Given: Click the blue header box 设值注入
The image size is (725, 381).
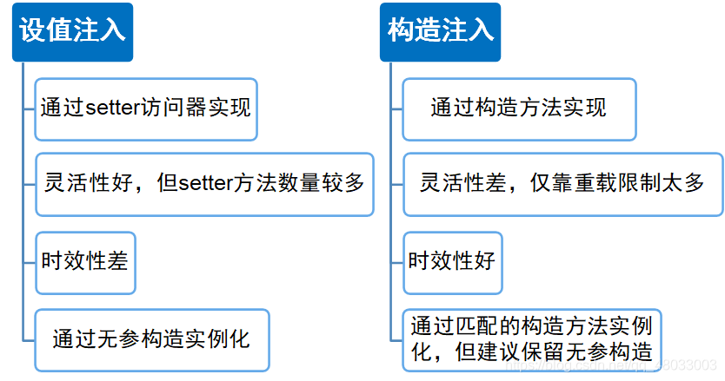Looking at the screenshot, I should (x=72, y=31).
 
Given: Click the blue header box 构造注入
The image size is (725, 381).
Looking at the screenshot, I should (x=440, y=31).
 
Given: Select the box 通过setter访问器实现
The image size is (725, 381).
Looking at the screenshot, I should (x=145, y=108).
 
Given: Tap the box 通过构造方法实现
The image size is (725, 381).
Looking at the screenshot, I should (x=518, y=108).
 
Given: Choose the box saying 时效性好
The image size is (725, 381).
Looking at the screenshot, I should (x=452, y=260).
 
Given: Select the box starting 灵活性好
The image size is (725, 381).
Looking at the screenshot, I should (x=204, y=184).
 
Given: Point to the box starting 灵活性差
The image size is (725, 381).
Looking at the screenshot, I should (x=562, y=184).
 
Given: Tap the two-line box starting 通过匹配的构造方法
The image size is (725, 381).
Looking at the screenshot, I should (x=531, y=338).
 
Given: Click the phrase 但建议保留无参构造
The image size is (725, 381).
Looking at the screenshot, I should (x=556, y=351).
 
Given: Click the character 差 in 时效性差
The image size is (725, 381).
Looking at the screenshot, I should (x=118, y=260).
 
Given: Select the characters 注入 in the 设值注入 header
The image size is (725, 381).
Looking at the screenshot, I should (x=99, y=31).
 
